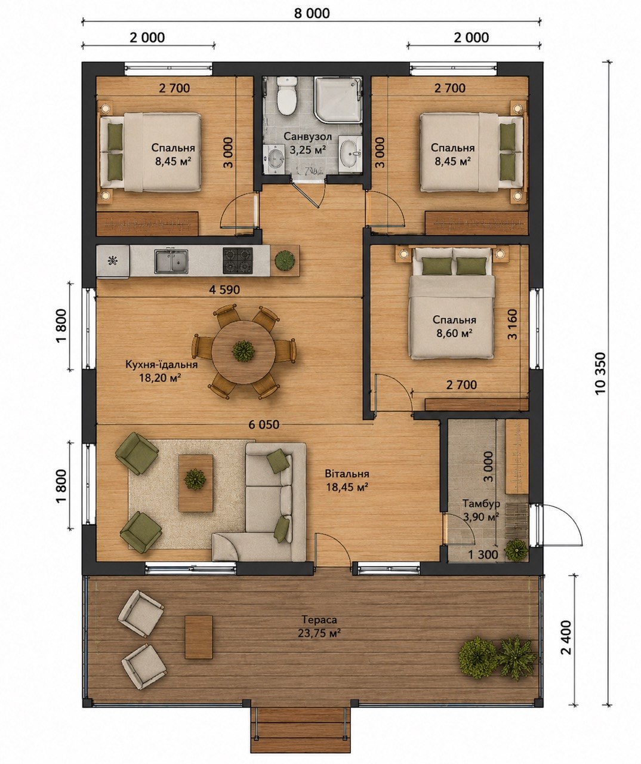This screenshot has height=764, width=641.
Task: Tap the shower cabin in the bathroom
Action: point(338,100)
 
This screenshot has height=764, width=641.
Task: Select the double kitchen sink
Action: point(171,261)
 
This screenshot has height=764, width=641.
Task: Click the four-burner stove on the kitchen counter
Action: point(238,261)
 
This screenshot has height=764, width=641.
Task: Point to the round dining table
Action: point(243,352)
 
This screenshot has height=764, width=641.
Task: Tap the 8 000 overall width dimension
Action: point(312,13)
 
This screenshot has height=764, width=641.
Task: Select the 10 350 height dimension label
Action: point(600,373)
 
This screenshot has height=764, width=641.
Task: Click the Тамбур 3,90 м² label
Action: point(481,510)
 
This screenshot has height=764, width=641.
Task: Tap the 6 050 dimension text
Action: point(264,424)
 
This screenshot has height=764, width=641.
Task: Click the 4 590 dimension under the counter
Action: point(224,290)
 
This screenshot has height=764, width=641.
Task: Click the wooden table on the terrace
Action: point(199,637)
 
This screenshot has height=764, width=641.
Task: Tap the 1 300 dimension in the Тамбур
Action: point(483,554)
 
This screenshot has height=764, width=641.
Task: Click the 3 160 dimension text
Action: point(513,324)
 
